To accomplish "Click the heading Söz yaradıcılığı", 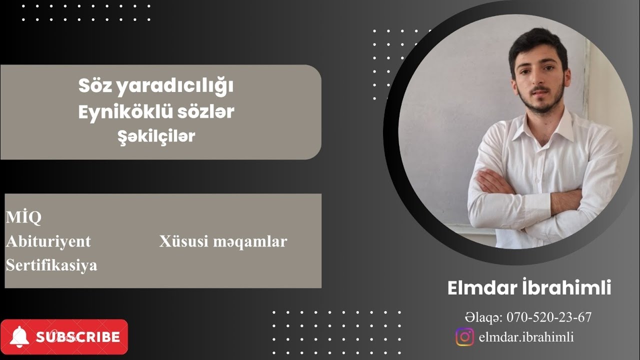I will coord(156,86).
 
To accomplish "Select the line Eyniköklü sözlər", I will coord(156,112).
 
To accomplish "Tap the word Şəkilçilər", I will coord(155,136).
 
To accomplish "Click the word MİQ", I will coord(23,217).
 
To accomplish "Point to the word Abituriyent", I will coord(48,241).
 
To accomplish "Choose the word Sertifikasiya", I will coord(51,265).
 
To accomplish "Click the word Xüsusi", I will coord(184,241).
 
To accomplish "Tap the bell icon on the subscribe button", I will coord(18,336).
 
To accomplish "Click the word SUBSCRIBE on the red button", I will coord(78,337).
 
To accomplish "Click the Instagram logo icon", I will coord(464,336).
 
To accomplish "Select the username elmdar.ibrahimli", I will coord(526,337).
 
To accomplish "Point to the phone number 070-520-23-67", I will coord(549,317).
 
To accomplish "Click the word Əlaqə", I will coord(483,317).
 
